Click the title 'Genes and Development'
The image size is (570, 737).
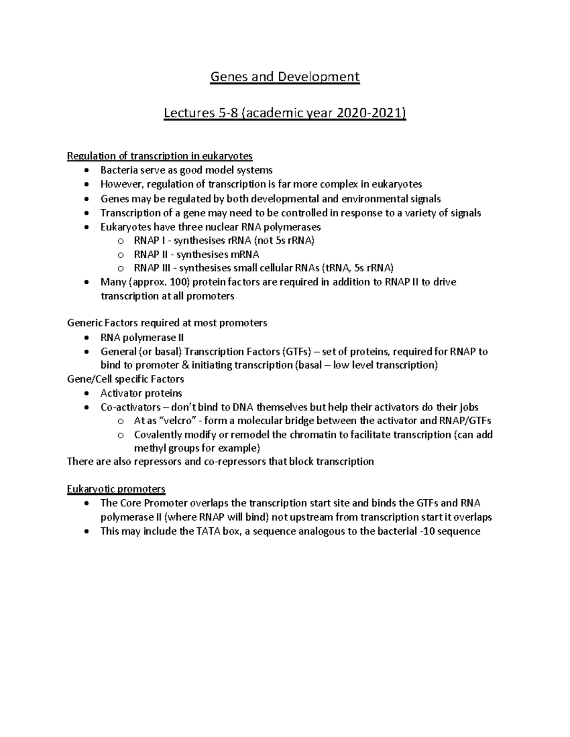click(285, 76)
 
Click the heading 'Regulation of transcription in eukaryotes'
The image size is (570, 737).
click(160, 156)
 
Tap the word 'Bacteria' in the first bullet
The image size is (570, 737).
click(117, 170)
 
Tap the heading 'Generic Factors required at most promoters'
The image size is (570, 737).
click(167, 323)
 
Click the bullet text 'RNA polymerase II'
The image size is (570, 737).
click(142, 338)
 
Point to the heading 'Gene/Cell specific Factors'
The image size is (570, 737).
click(125, 379)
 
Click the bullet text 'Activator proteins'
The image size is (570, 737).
click(141, 393)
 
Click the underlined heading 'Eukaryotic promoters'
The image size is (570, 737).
click(116, 489)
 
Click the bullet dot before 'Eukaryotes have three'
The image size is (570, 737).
click(85, 227)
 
